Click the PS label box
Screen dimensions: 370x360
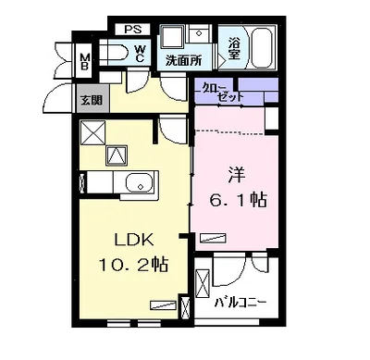[133, 30]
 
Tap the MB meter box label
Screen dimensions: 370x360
[84, 61]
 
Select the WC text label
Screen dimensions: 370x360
[140, 54]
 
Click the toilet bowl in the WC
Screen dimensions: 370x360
[114, 53]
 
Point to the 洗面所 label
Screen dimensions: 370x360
[184, 60]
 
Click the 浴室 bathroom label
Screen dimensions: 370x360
[234, 49]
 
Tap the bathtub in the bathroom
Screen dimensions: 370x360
[262, 47]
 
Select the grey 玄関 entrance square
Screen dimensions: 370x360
[92, 99]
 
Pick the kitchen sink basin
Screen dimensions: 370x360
[140, 182]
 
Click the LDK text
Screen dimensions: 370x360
[134, 240]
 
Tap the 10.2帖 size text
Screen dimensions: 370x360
[133, 265]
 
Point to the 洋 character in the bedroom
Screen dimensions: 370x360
[237, 175]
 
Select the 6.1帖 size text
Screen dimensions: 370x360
[239, 201]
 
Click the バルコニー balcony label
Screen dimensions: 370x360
[240, 303]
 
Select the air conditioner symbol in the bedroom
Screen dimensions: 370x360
[213, 238]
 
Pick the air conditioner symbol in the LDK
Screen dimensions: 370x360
[163, 304]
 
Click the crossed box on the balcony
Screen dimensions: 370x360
[203, 283]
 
